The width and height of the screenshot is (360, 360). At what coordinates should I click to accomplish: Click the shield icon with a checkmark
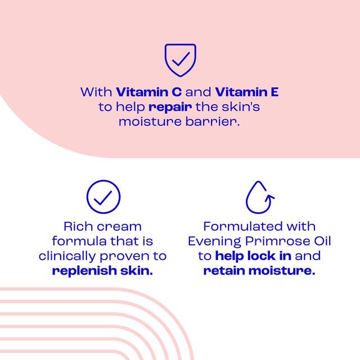179,60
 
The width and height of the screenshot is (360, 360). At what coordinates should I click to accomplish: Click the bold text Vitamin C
148,92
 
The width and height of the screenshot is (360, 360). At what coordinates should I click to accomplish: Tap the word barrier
217,121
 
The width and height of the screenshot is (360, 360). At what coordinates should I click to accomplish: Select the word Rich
77,227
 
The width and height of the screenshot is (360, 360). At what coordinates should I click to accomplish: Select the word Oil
319,241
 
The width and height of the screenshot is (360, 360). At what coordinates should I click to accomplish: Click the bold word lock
259,256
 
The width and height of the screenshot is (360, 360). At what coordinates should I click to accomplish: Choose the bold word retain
224,271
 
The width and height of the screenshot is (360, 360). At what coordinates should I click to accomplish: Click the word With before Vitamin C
96,92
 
